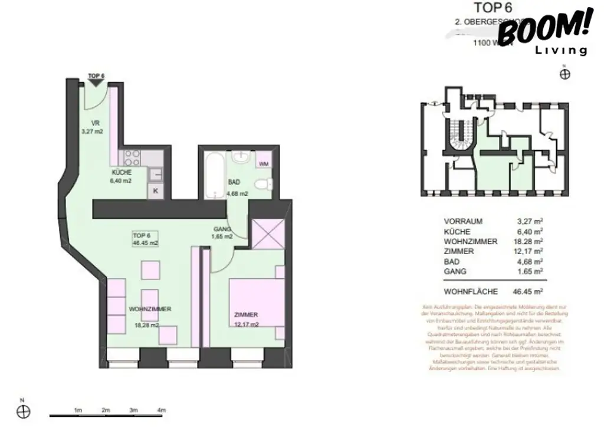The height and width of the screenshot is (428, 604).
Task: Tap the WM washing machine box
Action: (264, 163)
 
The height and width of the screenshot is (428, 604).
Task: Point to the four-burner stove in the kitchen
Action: (132, 158)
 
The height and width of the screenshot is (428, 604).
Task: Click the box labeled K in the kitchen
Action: (156, 190)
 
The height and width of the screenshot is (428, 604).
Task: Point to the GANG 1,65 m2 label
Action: (222, 233)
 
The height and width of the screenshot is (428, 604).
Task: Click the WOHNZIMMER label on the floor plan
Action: (150, 310)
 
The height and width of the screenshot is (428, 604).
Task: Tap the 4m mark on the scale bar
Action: (162, 410)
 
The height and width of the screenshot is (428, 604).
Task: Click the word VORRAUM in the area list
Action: (463, 222)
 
